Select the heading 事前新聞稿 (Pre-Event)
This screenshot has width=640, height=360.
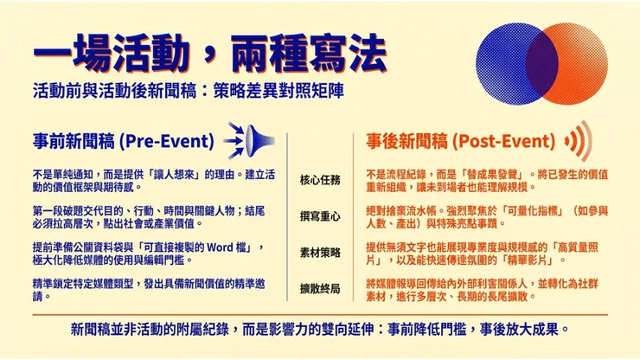(122, 140)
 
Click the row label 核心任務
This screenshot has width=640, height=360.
(320, 180)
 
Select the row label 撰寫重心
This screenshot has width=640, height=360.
(320, 215)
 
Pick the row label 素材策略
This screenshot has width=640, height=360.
(320, 252)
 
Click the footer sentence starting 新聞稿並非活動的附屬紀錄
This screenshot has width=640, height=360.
(319, 330)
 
